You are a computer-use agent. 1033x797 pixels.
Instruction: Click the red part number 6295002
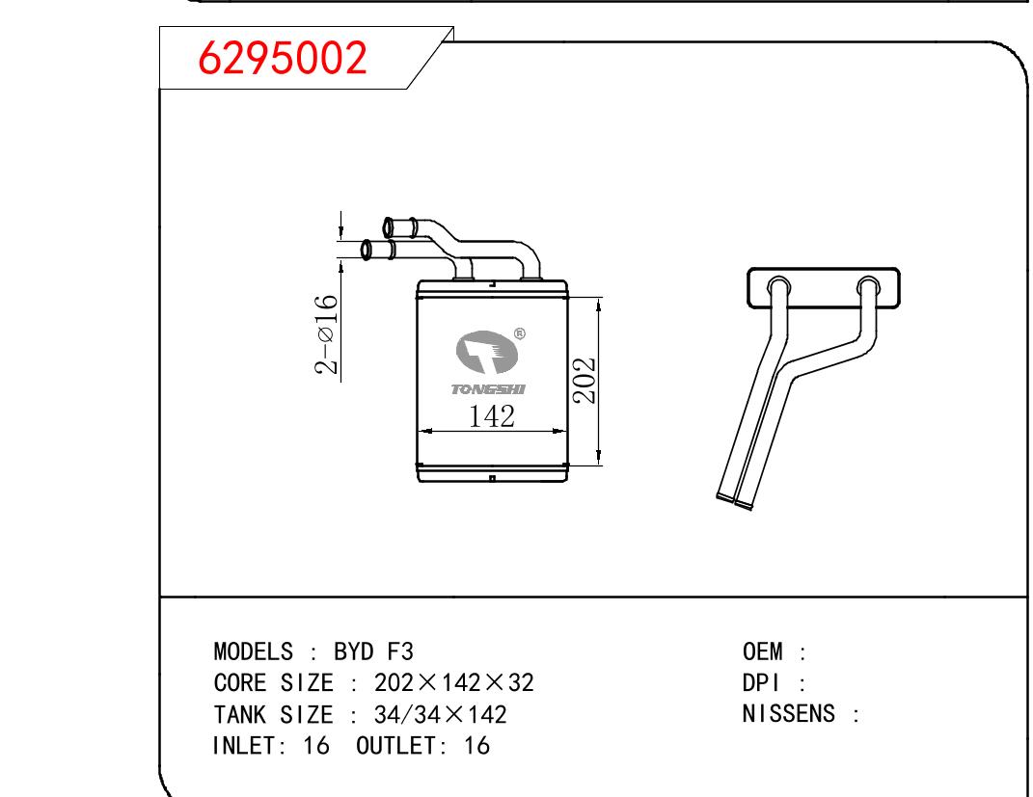(x=283, y=57)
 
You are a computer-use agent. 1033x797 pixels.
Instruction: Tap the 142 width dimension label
(x=492, y=416)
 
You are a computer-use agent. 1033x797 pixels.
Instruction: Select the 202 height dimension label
(x=584, y=381)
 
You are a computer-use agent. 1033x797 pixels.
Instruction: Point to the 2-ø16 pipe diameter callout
(x=327, y=334)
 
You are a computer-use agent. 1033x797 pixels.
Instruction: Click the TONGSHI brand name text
(x=488, y=389)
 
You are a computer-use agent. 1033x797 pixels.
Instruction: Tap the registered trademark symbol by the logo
(x=519, y=333)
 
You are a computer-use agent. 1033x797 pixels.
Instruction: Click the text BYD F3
(x=373, y=651)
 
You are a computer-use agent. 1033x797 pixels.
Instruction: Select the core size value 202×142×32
(x=454, y=682)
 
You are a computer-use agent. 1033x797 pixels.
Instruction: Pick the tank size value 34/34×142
(x=440, y=714)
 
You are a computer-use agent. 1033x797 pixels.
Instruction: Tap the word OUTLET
(x=396, y=746)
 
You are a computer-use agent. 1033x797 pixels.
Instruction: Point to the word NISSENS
(x=789, y=713)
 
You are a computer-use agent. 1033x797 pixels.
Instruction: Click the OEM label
(x=762, y=651)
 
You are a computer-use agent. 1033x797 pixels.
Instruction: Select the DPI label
(x=761, y=682)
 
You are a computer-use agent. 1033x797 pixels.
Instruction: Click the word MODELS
(x=253, y=651)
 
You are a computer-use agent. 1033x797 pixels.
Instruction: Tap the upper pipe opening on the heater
(x=388, y=227)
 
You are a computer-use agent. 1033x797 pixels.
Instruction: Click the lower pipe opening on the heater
(x=366, y=251)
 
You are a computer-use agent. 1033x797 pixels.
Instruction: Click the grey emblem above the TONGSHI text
(x=486, y=352)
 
